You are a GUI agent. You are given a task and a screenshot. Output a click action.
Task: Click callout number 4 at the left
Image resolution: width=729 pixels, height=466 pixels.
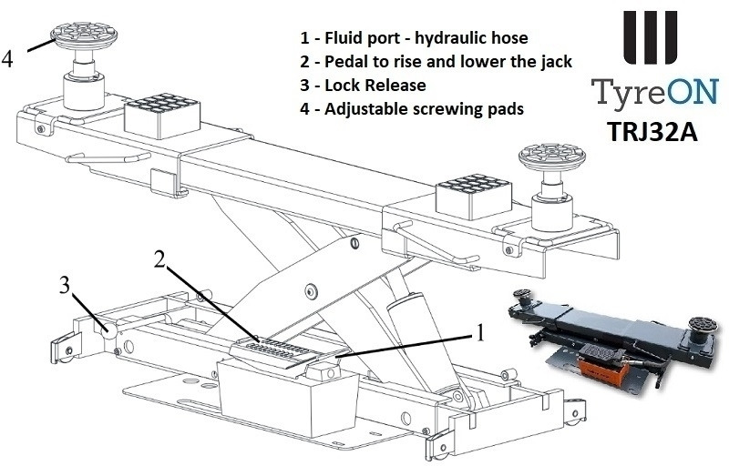tap(8, 58)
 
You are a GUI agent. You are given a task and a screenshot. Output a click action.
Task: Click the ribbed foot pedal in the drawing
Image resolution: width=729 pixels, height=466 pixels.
tap(273, 349)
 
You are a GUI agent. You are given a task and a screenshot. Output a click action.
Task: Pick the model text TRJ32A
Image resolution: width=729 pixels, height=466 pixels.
tap(651, 130)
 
